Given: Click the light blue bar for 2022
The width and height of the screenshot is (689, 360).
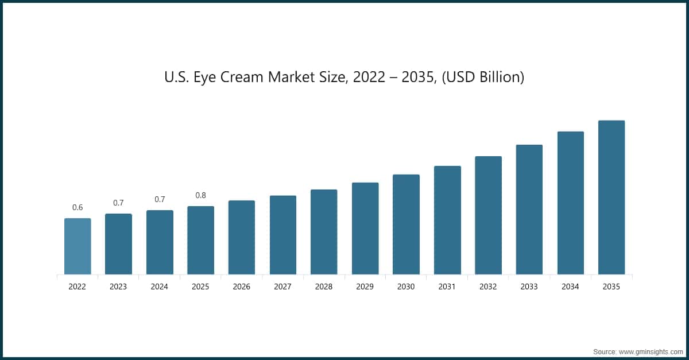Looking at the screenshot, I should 78,246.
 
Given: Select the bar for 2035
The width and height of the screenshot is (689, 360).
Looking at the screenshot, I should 611,197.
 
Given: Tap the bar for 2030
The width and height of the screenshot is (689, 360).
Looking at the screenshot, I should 406,224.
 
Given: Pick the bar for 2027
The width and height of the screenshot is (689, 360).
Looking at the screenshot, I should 283,234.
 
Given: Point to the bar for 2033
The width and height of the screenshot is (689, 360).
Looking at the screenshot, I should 529,209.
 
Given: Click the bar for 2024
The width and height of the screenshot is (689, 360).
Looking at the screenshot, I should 160,242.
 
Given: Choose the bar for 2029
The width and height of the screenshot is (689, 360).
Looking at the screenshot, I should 365,228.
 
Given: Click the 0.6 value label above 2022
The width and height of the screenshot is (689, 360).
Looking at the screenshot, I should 78,207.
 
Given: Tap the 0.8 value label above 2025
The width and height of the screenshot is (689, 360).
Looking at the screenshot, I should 200,195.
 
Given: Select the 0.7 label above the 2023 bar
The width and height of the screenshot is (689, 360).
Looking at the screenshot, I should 118,203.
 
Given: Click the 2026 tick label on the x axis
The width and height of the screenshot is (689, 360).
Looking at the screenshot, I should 242,287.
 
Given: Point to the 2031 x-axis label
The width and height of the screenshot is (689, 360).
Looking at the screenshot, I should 447,287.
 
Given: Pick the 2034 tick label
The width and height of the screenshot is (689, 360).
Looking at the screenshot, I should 570,287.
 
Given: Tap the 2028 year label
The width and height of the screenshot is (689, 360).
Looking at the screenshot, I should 324,287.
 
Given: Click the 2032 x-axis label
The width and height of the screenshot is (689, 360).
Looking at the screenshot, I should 488,287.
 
